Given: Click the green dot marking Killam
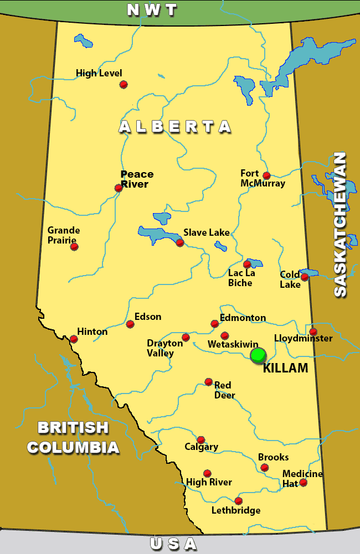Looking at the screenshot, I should pos(258,355).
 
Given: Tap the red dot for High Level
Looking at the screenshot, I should pos(124,84).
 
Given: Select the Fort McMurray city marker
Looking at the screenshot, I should pos(266,175).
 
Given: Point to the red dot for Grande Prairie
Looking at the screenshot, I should pos(74,246).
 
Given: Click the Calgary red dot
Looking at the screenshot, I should pos(201,439).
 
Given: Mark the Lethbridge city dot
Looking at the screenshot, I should pos(238,501).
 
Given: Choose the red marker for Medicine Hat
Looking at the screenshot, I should pos(303,483).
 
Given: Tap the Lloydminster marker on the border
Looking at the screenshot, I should pos(313,332).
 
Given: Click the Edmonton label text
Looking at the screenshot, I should pos(243,318).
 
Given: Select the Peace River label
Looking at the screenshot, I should pos(137,179).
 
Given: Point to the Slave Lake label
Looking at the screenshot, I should pos(206,233).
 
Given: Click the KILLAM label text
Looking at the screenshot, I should pos(285,369).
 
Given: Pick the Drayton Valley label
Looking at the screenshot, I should pos(164,348).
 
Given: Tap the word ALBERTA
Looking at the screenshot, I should pos(175,127).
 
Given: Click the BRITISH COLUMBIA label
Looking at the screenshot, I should pos(73,437).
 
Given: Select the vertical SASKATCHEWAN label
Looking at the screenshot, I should pos(340,225).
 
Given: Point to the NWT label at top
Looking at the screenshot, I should pos(152,10).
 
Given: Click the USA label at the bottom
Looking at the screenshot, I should pos(173,544).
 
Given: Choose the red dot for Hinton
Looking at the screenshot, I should pos(74,339).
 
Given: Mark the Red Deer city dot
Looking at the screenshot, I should pos(208,381).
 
